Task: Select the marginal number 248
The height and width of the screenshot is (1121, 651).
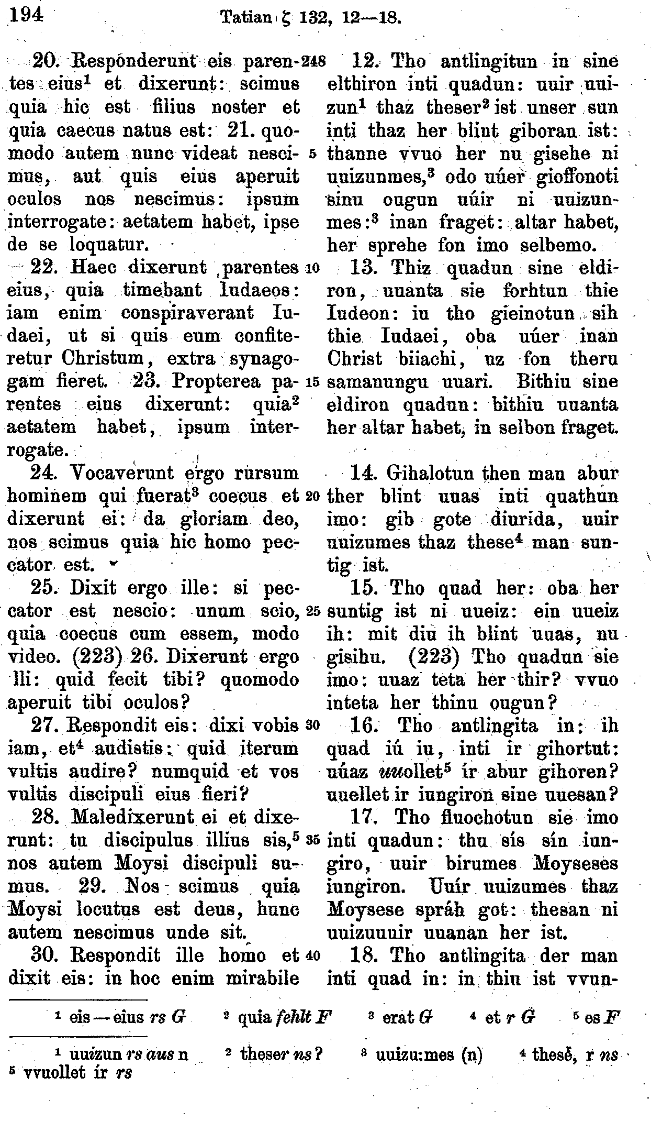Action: click(314, 62)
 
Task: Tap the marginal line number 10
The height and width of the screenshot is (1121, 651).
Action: click(312, 269)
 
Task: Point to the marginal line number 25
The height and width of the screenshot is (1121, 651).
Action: click(313, 611)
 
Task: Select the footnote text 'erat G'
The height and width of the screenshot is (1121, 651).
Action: click(407, 1018)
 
